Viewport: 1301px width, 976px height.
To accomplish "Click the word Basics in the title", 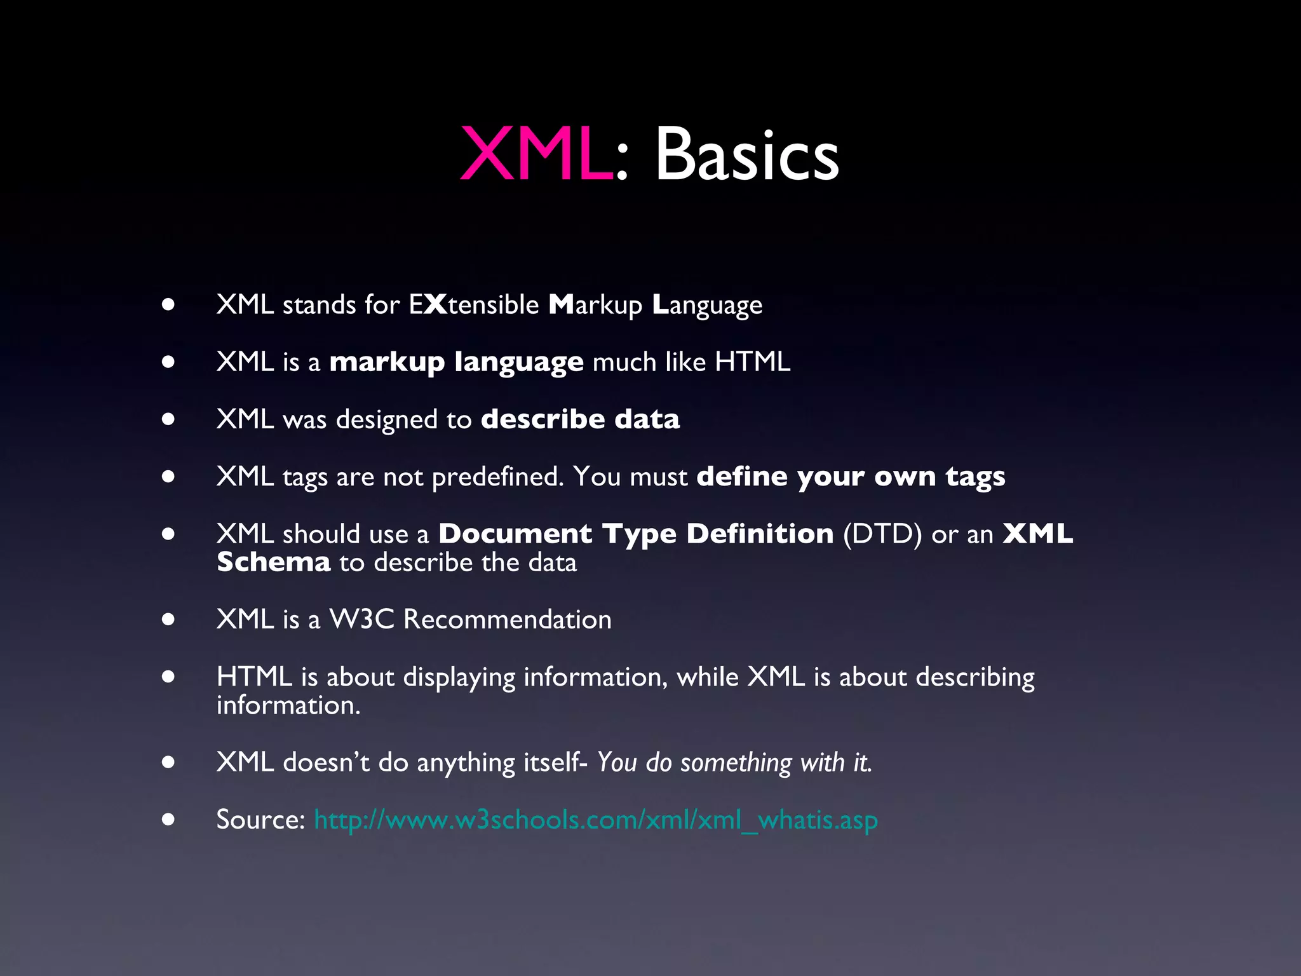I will pyautogui.click(x=746, y=154).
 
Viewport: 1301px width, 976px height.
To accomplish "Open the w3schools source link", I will pyautogui.click(x=596, y=820).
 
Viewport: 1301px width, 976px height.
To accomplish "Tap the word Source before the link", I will pyautogui.click(x=260, y=820).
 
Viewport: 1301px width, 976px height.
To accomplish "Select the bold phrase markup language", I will pyautogui.click(x=456, y=362).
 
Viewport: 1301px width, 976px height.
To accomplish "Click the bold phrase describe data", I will pyautogui.click(x=580, y=419).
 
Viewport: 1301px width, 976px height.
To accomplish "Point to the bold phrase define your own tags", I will pyautogui.click(x=851, y=477).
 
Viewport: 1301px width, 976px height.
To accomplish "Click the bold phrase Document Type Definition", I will pyautogui.click(x=636, y=534).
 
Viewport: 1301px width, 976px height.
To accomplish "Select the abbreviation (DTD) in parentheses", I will pyautogui.click(x=882, y=534).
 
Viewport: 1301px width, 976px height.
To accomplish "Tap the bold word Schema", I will pyautogui.click(x=274, y=562).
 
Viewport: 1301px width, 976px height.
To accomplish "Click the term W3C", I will pyautogui.click(x=361, y=620).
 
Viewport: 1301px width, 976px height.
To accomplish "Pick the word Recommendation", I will pyautogui.click(x=508, y=620).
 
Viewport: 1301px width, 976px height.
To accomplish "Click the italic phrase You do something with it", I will pyautogui.click(x=734, y=762).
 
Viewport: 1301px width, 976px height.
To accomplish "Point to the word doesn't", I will pyautogui.click(x=326, y=762).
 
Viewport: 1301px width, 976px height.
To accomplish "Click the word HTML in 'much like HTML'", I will pyautogui.click(x=753, y=362).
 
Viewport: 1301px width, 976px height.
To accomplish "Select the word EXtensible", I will pyautogui.click(x=474, y=305).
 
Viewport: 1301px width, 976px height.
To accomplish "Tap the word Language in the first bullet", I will pyautogui.click(x=707, y=306).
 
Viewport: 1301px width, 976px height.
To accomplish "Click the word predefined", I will pyautogui.click(x=497, y=477).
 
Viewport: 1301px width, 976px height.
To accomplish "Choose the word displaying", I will pyautogui.click(x=459, y=677).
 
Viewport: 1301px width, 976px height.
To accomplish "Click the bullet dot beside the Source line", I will pyautogui.click(x=168, y=819).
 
